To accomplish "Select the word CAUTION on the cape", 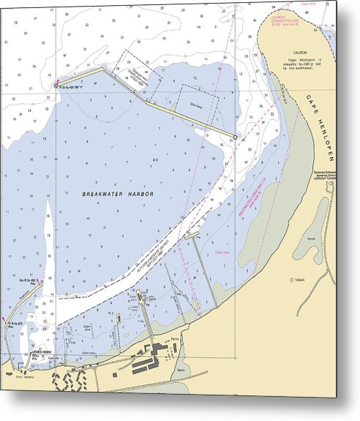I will [300, 53].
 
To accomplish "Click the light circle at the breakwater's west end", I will [56, 86].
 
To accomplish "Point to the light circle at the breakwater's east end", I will [235, 137].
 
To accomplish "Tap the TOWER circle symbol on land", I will [292, 279].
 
